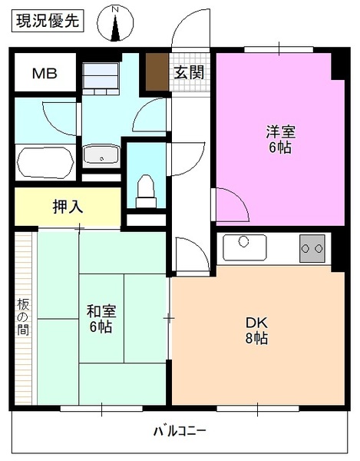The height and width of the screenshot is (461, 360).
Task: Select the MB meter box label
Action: pyautogui.click(x=43, y=74)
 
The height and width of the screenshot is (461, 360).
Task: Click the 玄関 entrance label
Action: pyautogui.click(x=188, y=73)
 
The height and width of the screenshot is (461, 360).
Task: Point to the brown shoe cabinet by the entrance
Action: pyautogui.click(x=157, y=72)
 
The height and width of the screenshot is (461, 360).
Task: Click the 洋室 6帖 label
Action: pyautogui.click(x=279, y=139)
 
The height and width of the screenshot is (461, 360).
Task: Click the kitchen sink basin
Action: pyautogui.click(x=245, y=247)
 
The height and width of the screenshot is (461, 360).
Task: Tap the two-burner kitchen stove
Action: pyautogui.click(x=312, y=248)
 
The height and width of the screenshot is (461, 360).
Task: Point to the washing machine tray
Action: pyautogui.click(x=101, y=77)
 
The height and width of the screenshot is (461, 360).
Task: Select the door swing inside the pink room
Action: pyautogui.click(x=230, y=202)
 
